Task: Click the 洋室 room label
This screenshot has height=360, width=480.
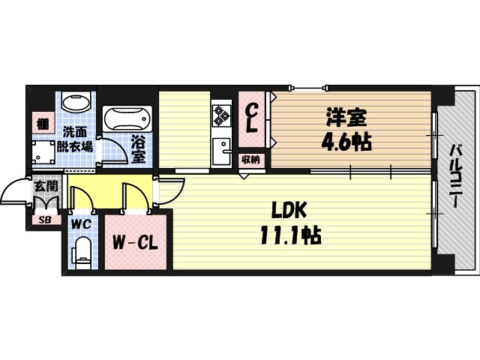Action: tap(346, 118)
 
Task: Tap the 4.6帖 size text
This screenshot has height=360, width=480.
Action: tap(346, 142)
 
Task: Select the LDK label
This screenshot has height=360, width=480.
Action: tap(289, 210)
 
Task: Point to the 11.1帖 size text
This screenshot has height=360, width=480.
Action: tap(290, 235)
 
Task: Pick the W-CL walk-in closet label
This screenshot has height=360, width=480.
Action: tap(135, 243)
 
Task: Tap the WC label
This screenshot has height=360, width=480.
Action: tap(81, 224)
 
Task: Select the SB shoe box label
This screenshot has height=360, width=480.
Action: tap(46, 220)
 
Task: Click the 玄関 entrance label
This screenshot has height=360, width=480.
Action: tap(46, 186)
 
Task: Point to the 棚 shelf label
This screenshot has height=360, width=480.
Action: tap(43, 124)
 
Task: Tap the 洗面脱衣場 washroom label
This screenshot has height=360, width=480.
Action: tap(75, 139)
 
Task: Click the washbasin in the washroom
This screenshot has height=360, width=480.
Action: tap(76, 102)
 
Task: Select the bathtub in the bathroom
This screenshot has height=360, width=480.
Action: tap(127, 118)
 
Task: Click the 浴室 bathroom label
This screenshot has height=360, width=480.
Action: tap(138, 149)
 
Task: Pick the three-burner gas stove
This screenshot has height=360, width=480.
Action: tap(222, 115)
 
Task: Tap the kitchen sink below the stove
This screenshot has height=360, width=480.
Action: tap(222, 151)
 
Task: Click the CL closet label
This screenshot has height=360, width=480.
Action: tap(252, 118)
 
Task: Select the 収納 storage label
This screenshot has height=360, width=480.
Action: tap(251, 160)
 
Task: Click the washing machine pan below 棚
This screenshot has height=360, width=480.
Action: tap(43, 153)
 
